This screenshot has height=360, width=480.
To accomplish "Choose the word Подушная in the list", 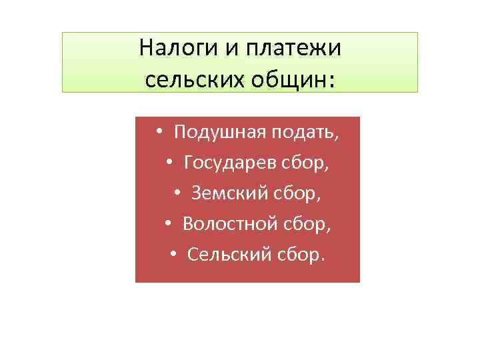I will point(219,133).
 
